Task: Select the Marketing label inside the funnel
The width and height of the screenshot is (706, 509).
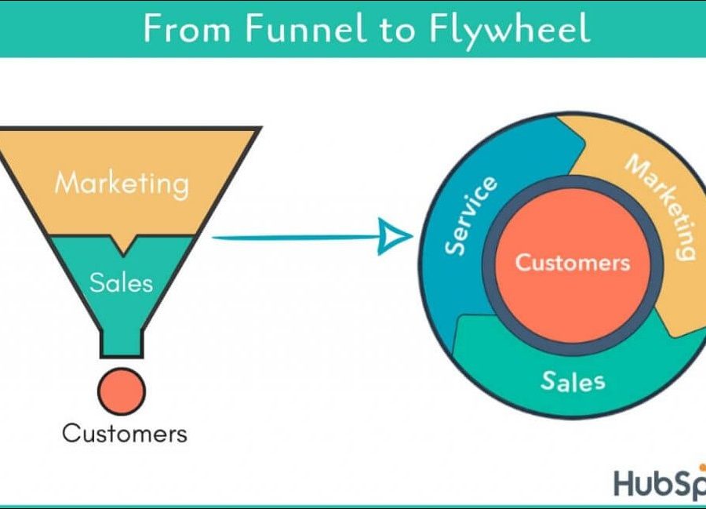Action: pos(122,184)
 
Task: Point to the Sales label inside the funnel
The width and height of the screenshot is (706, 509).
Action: pos(122,282)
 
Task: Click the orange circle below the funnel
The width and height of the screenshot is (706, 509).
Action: pos(121,391)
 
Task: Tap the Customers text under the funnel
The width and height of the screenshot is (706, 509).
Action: pos(125,433)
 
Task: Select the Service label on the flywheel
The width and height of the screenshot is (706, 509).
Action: pos(471,216)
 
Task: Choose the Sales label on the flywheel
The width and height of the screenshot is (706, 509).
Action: pos(573,381)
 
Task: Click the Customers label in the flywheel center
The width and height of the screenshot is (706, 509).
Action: pos(572,261)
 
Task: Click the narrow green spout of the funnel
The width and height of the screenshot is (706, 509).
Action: pos(121,344)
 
